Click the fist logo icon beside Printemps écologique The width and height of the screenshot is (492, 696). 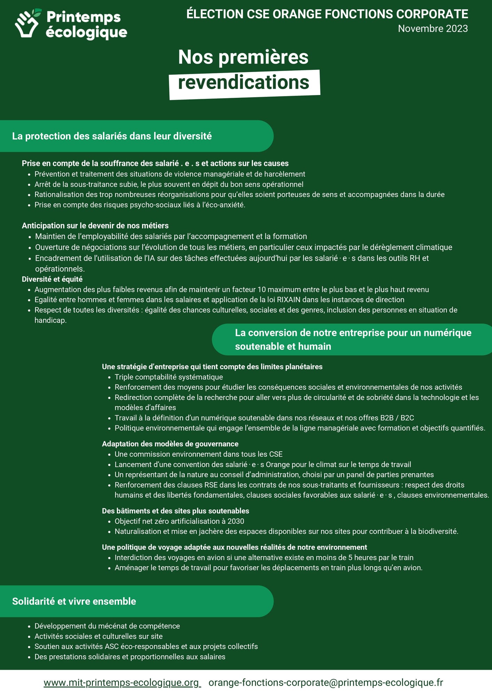click(x=27, y=23)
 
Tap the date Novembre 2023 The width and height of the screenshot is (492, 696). click(x=433, y=29)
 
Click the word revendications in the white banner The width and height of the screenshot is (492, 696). click(x=244, y=82)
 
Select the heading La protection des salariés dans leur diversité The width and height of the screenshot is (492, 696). click(x=112, y=136)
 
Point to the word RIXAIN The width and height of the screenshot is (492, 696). click(x=288, y=300)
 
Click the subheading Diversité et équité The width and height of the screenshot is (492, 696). click(x=52, y=279)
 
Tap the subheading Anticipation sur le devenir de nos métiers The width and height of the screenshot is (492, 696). click(x=95, y=226)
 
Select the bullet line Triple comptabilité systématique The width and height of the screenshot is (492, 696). click(x=169, y=377)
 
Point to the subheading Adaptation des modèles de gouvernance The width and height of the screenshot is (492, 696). click(x=170, y=444)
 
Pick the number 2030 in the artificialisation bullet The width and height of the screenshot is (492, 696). click(x=236, y=521)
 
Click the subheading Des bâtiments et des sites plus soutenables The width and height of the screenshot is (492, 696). click(x=175, y=511)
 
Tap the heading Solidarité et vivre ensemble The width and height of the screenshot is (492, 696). click(x=74, y=601)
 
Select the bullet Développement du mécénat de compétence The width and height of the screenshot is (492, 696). click(x=107, y=626)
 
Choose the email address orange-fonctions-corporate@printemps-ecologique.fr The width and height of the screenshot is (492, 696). click(x=326, y=683)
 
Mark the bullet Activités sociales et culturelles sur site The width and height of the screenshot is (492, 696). click(x=98, y=636)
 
